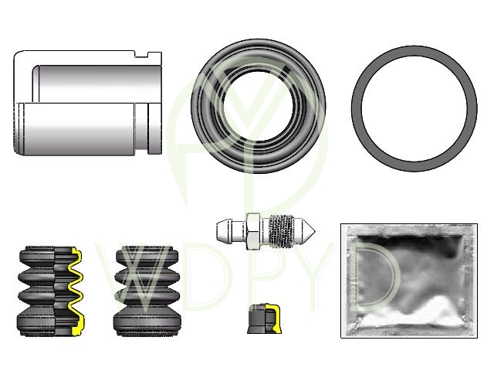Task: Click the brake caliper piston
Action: [x=87, y=103]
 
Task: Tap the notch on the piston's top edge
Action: [x=141, y=55]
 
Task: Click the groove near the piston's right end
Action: [x=141, y=129]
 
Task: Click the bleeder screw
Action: [x=266, y=231]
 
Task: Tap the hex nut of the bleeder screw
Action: [x=254, y=231]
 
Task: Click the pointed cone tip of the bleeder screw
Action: [x=309, y=231]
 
